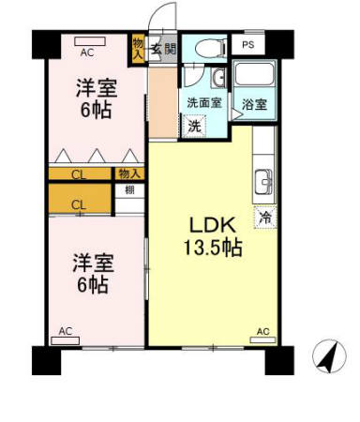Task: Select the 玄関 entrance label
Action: (168, 49)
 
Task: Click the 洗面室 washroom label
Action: (202, 103)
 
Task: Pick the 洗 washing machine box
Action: (193, 125)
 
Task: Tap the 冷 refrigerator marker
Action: (263, 216)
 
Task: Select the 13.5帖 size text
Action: (214, 249)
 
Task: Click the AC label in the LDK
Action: (263, 331)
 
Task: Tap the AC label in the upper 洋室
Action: (86, 52)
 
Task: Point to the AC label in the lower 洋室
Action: (65, 331)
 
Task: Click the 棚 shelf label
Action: (129, 190)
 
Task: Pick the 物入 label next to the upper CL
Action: (129, 173)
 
